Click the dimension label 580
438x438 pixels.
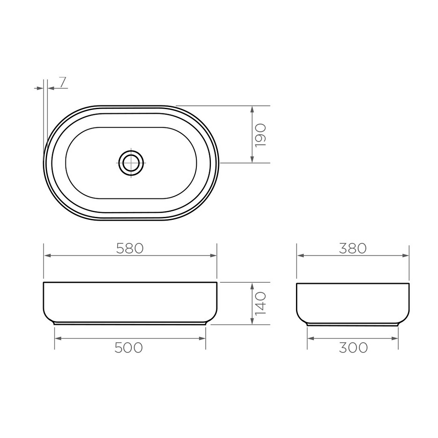(x=130, y=248)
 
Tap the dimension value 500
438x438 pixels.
(x=129, y=348)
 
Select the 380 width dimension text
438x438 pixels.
(x=353, y=248)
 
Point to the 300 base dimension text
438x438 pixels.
(x=353, y=348)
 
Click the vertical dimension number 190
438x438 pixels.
(x=260, y=135)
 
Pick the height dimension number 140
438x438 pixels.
(x=260, y=303)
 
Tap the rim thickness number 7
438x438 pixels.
(x=62, y=82)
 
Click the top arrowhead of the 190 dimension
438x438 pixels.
(x=252, y=109)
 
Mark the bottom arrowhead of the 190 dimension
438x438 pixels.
(x=252, y=160)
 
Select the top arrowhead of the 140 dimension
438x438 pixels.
(x=252, y=286)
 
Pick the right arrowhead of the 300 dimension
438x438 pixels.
(x=395, y=338)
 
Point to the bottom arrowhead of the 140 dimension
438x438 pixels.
(x=252, y=321)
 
